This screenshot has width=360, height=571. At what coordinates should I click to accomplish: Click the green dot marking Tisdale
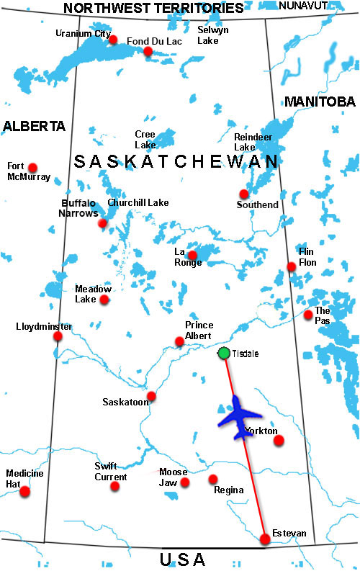224,353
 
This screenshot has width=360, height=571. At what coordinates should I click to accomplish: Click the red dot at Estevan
265,539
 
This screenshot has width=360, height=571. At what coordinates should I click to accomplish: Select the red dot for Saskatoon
151,396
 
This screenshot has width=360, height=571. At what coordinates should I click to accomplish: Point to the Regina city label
228,490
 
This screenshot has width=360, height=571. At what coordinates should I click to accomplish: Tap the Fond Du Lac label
154,41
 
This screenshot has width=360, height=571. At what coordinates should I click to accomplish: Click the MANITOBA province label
320,102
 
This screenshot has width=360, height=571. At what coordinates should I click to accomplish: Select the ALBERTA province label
34,126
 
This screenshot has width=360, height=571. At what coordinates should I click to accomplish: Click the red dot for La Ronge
192,255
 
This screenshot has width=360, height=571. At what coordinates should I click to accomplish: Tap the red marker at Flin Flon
292,266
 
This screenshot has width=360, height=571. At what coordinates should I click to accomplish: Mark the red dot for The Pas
308,314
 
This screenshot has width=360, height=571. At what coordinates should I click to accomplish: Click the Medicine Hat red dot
25,492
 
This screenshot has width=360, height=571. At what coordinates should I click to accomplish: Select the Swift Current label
110,472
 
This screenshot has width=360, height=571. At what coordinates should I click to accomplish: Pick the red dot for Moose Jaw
185,482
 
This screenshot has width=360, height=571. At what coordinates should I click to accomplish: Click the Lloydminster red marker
58,336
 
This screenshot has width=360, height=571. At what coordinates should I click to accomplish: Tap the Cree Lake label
145,140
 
